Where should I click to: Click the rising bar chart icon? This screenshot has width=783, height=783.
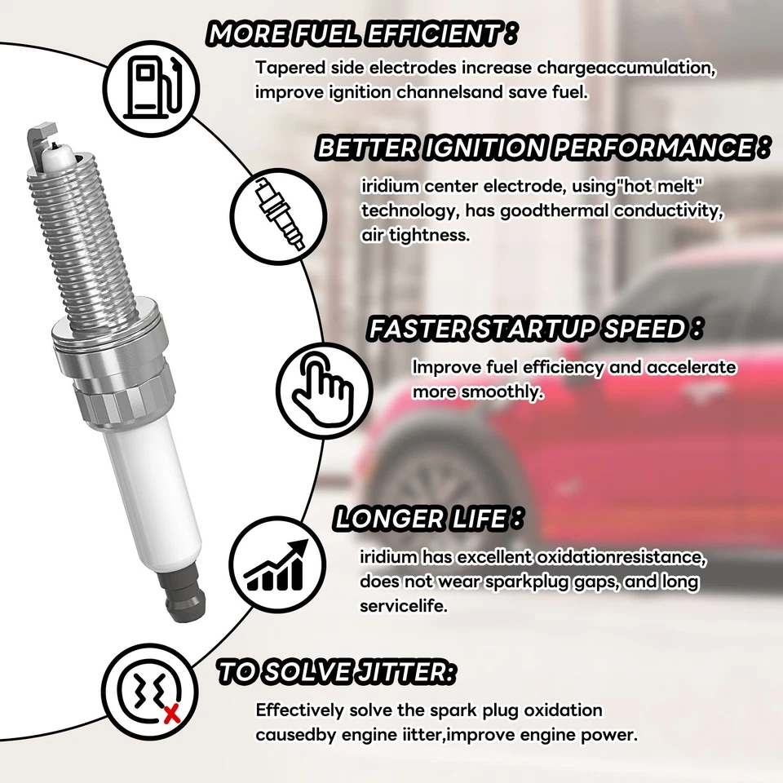277,563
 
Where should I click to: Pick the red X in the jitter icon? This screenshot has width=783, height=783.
172,715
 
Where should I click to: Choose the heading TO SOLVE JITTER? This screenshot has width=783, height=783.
335,673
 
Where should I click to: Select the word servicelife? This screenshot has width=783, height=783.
403,607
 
